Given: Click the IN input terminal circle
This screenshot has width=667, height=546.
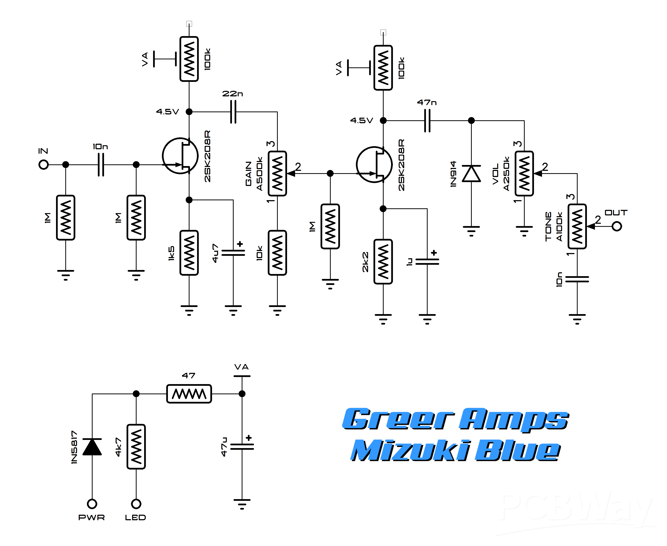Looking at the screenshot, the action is click(43, 165).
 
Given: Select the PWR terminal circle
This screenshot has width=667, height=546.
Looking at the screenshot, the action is click(92, 504).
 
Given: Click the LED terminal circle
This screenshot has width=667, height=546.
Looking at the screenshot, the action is click(136, 504).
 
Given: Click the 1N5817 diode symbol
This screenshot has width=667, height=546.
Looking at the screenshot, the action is click(92, 447).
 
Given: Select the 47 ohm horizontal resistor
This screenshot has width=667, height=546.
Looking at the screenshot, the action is click(189, 394).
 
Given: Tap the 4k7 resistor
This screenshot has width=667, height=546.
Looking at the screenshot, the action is click(136, 447).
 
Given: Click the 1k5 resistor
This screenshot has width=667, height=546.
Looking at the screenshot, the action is click(189, 253).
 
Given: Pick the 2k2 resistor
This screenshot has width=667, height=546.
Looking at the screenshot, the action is click(383, 261).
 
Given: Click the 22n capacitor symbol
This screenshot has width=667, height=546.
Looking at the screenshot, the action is click(233, 112).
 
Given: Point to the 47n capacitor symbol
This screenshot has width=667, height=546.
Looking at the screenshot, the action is click(427, 120).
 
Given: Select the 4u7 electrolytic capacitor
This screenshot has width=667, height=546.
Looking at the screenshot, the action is click(233, 253).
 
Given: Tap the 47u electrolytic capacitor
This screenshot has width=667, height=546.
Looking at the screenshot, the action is click(242, 447).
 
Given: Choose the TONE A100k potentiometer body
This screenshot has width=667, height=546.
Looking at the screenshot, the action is click(577, 226).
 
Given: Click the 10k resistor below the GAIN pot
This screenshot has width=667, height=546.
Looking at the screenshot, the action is click(277, 253).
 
